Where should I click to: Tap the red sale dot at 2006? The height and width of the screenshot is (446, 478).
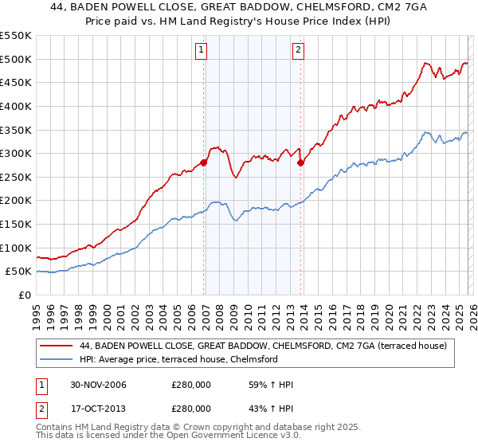point(204,162)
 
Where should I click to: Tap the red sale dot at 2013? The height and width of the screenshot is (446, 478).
point(300,162)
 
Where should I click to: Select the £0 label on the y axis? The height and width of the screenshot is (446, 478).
point(24,295)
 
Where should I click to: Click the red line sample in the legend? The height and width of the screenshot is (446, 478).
point(57,346)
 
